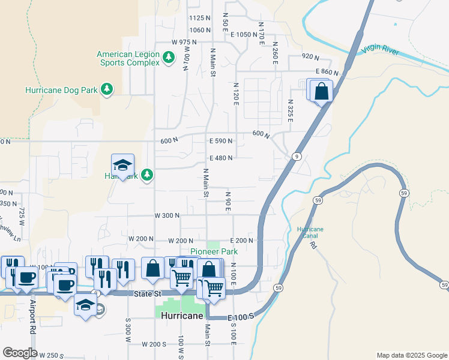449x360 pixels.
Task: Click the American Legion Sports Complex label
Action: (x=128, y=58)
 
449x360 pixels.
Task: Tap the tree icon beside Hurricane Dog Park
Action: (x=107, y=89)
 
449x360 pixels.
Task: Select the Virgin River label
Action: (x=381, y=52)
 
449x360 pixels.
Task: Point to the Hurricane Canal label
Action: (x=310, y=233)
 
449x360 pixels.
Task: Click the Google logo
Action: (x=19, y=353)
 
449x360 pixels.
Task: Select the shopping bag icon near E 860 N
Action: (x=322, y=91)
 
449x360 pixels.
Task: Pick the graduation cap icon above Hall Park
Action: (x=122, y=166)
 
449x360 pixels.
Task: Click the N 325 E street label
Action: (x=290, y=111)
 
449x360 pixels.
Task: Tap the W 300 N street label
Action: (x=167, y=215)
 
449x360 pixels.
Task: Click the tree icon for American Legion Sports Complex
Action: (x=169, y=57)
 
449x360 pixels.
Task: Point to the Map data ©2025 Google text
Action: (x=411, y=355)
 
